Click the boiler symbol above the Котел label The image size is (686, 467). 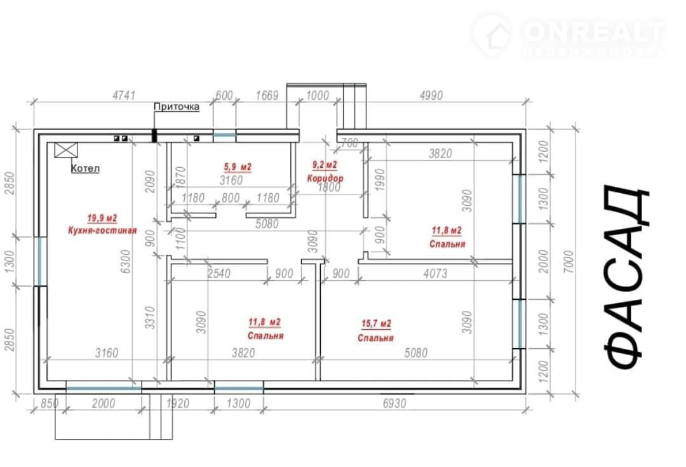[x=66, y=150]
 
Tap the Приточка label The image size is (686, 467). [x=177, y=106]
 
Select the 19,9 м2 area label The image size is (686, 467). [x=102, y=218]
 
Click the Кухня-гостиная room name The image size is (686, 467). [x=102, y=230]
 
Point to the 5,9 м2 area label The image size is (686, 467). [x=238, y=166]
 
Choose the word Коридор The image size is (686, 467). [x=325, y=178]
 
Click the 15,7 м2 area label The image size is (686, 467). [x=376, y=324]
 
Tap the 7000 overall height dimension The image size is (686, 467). [x=568, y=262]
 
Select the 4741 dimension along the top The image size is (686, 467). [x=124, y=95]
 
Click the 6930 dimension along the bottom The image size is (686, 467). [x=394, y=403]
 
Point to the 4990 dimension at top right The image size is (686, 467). [x=431, y=95]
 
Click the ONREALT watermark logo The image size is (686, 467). [x=568, y=36]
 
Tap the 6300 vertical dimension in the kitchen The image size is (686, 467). [x=126, y=262]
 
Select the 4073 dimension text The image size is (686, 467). [x=435, y=274]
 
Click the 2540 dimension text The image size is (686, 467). [x=219, y=274]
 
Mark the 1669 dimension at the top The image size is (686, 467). [x=267, y=95]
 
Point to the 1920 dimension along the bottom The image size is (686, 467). [x=178, y=403]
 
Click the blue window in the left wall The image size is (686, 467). [x=41, y=261]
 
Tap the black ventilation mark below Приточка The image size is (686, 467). [x=154, y=135]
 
